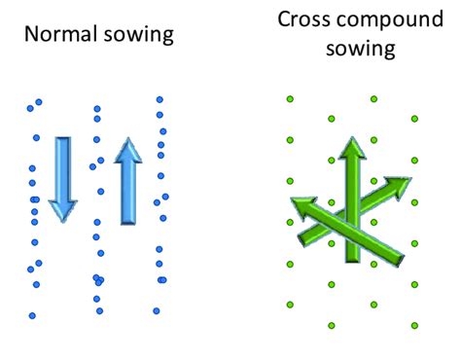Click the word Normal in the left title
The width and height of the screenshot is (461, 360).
tap(55, 35)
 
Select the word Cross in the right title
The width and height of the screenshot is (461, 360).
tap(301, 18)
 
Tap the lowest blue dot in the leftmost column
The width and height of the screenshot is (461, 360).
tap(32, 315)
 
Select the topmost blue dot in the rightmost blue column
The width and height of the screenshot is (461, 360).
tap(160, 99)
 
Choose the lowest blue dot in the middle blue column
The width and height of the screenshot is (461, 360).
tap(98, 311)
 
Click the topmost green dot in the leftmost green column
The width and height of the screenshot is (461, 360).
tap(290, 98)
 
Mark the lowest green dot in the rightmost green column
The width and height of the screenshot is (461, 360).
tap(415, 325)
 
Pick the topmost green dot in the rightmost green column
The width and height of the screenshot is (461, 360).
tap(415, 119)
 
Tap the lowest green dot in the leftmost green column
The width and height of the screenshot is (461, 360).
tap(290, 304)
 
